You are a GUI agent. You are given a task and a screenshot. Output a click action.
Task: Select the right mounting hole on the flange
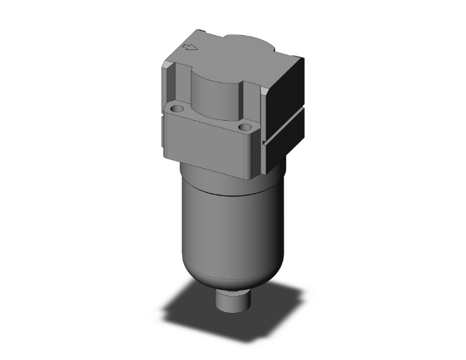coord(244,128)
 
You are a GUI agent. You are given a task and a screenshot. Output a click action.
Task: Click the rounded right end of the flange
coord(254,150)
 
